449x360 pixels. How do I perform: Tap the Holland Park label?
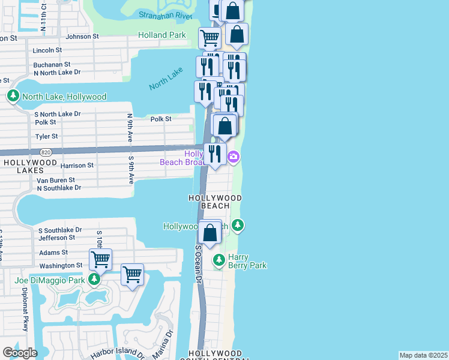click(x=161, y=35)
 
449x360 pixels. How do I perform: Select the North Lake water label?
click(x=166, y=78)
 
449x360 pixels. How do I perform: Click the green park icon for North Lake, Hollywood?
click(x=13, y=96)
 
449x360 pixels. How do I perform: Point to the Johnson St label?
click(x=82, y=37)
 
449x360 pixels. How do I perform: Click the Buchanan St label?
click(x=52, y=64)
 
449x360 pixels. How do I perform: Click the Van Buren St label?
click(x=56, y=179)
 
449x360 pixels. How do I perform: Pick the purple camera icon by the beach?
click(x=234, y=158)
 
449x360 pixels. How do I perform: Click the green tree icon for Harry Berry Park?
click(x=219, y=260)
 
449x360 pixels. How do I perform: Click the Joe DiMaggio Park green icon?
click(x=94, y=280)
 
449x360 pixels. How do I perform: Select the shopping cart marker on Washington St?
click(x=100, y=260)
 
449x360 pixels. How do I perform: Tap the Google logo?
click(x=20, y=353)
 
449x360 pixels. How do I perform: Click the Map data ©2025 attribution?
click(x=423, y=355)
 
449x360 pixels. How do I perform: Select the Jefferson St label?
click(x=56, y=238)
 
